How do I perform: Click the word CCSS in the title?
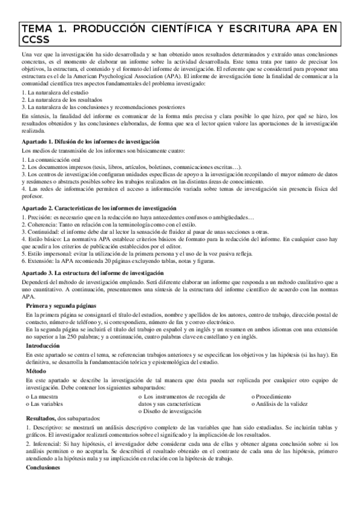37,41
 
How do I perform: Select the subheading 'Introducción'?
43,346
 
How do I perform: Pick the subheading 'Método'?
36,371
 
